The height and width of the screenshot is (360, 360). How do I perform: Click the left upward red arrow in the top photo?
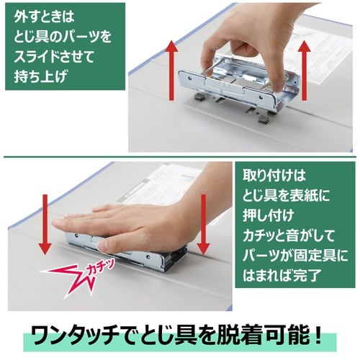pos(171,71)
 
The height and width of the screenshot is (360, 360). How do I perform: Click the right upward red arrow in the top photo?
pos(304,71)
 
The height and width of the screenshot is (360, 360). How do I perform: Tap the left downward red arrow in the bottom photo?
pos(45,225)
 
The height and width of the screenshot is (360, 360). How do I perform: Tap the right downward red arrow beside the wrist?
pos(203,225)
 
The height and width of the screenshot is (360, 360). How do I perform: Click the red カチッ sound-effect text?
pos(100,268)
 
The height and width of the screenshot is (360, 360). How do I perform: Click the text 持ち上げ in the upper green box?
pos(40,76)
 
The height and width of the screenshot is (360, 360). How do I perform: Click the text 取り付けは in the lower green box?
pos(274,176)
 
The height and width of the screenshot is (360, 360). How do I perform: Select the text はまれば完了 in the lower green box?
pos(282,275)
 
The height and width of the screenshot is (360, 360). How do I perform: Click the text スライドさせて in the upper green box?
pos(53,56)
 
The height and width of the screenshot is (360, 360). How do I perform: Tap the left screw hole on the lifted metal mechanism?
pos(190,78)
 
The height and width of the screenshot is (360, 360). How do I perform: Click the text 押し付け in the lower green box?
pos(269,215)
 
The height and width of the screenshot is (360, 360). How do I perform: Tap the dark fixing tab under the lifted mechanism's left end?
pos(199,97)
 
